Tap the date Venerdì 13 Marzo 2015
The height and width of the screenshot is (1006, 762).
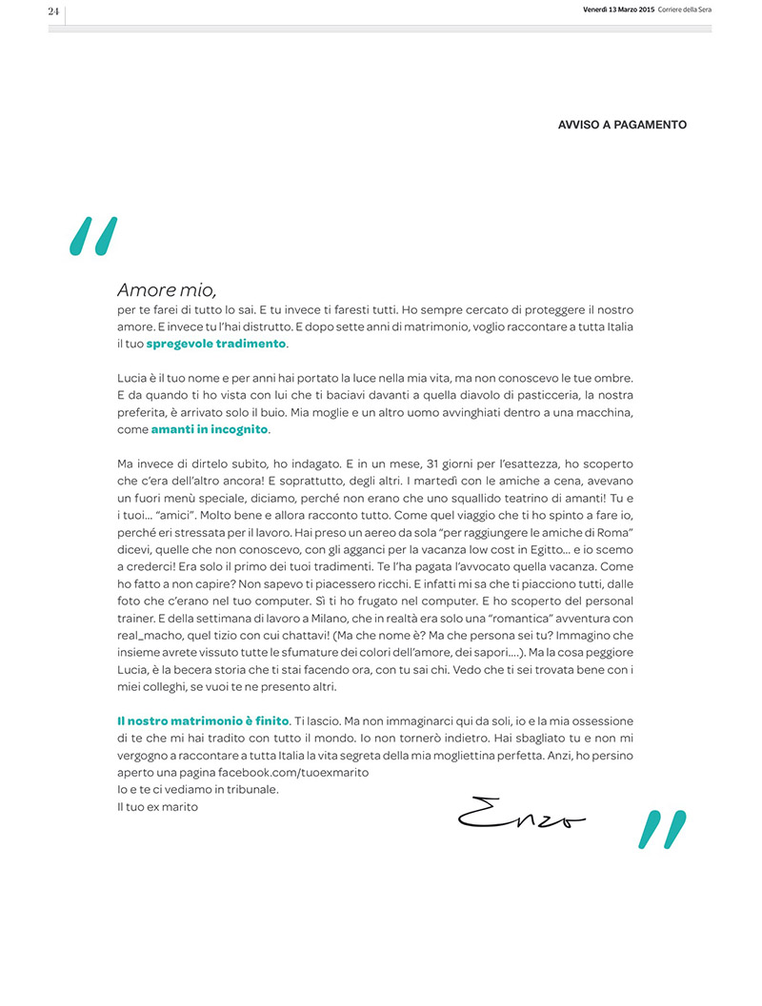618,10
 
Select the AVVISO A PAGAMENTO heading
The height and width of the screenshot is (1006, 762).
622,125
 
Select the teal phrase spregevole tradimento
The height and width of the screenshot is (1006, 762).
215,343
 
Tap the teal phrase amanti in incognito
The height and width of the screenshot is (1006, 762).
210,429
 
